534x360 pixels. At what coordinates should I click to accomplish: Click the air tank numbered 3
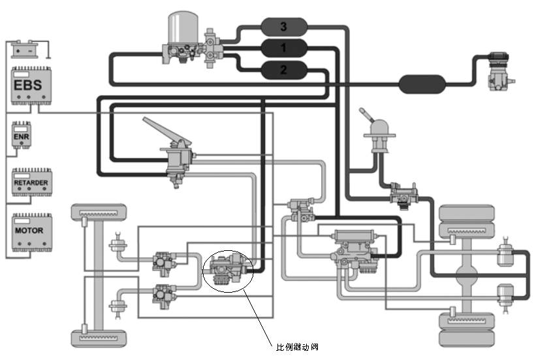(x=283, y=27)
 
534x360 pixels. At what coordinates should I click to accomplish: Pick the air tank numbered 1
(x=283, y=48)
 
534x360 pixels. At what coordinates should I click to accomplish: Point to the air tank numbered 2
(x=283, y=69)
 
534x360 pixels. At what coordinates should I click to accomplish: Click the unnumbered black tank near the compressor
(x=422, y=84)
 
